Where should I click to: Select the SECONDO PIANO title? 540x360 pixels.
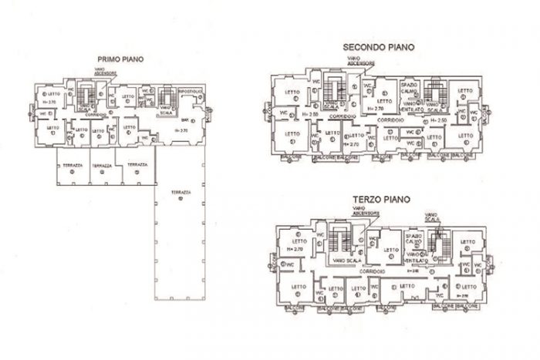pyautogui.click(x=379, y=47)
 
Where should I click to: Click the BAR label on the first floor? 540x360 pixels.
pyautogui.click(x=184, y=121)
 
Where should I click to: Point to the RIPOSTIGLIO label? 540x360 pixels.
pyautogui.click(x=190, y=91)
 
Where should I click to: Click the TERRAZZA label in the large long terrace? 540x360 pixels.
pyautogui.click(x=181, y=191)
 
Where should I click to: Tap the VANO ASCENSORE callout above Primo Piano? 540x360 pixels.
pyautogui.click(x=106, y=72)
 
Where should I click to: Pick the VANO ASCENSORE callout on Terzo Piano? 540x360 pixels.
pyautogui.click(x=366, y=210)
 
